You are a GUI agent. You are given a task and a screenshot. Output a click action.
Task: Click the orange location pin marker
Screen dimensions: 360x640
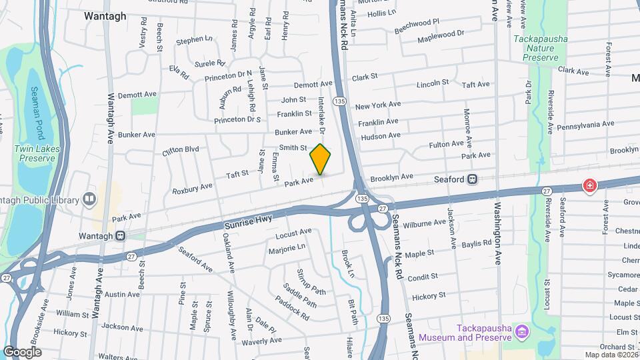point(321,159)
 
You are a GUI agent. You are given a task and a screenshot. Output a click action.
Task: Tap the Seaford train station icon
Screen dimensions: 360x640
point(472,179)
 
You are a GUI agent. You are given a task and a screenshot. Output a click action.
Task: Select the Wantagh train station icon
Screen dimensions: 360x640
point(120,235)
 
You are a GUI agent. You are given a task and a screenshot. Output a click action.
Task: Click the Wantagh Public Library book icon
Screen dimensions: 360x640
point(89,199)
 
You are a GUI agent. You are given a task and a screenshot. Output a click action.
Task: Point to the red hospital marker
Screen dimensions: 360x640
point(589,186)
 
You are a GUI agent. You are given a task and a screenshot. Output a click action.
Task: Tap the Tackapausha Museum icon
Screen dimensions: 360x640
point(523,331)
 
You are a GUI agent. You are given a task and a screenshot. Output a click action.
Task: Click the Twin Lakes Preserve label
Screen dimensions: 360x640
point(37,153)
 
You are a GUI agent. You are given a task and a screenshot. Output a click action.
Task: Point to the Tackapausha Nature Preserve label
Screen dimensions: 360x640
point(541,48)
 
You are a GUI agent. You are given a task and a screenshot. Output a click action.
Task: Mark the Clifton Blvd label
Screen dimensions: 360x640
point(181,151)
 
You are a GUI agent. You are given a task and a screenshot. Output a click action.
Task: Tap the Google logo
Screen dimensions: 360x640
point(22,351)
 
